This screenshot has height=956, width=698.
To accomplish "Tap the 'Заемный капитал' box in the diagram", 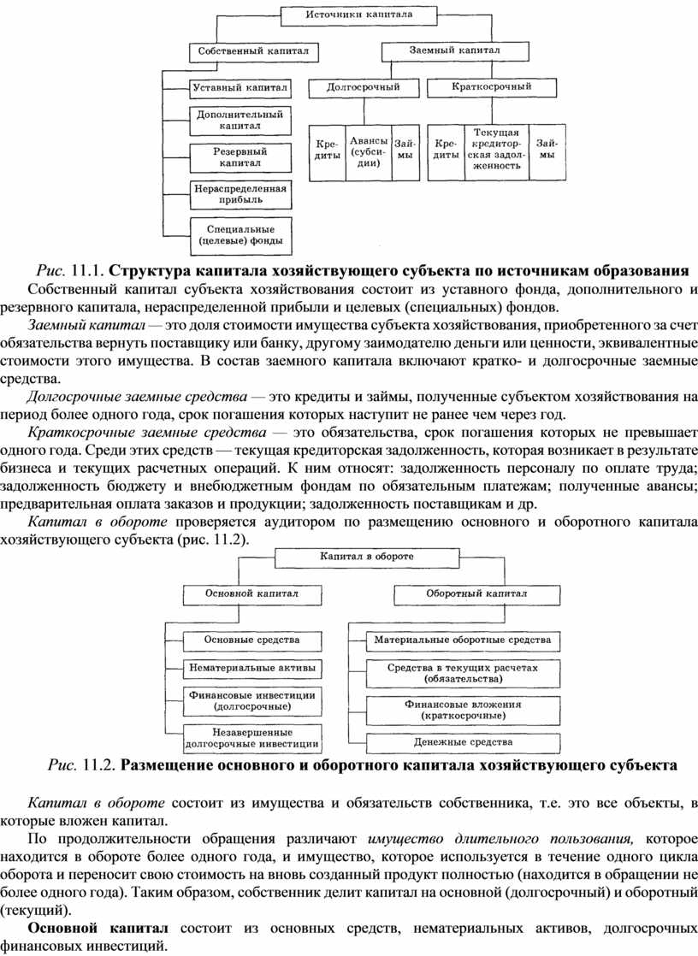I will pyautogui.click(x=453, y=51).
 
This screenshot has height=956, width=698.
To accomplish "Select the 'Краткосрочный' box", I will pyautogui.click(x=491, y=86).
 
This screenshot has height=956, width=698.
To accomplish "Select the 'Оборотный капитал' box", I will pyautogui.click(x=462, y=592).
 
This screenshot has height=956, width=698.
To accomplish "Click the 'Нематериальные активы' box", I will pyautogui.click(x=251, y=666).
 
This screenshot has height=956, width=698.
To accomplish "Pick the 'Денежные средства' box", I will pyautogui.click(x=463, y=741).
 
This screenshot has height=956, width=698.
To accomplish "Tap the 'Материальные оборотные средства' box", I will pyautogui.click(x=463, y=639).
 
